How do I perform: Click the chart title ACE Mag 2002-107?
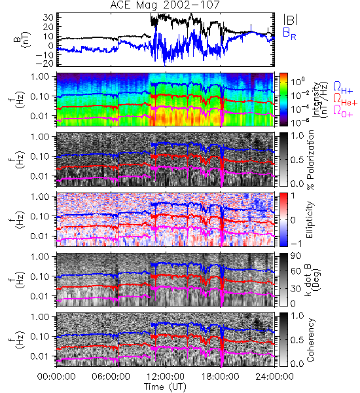[x=165, y=5]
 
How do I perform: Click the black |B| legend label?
[x=291, y=20]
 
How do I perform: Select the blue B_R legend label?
[x=289, y=33]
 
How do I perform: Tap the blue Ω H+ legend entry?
[x=343, y=87]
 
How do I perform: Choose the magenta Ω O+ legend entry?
[x=343, y=111]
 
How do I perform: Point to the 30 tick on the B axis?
[x=48, y=18]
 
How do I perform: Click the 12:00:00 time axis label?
[x=166, y=377]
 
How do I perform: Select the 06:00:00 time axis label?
[x=111, y=377]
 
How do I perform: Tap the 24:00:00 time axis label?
[x=274, y=377]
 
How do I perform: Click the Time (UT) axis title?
[x=165, y=387]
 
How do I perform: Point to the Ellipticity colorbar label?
[x=310, y=219]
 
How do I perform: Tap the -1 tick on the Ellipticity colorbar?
[x=296, y=244]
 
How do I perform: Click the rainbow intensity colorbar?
[x=283, y=100]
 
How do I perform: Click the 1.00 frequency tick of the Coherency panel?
[x=41, y=316]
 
